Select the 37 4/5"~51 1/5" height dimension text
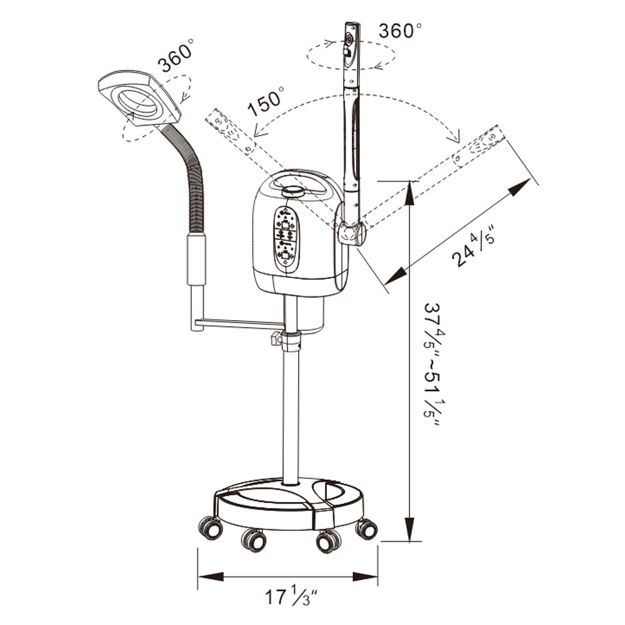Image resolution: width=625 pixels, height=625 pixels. (x=432, y=365)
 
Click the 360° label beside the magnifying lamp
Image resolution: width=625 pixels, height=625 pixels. (x=176, y=56)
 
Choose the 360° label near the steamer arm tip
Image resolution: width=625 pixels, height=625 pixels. (x=400, y=31)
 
